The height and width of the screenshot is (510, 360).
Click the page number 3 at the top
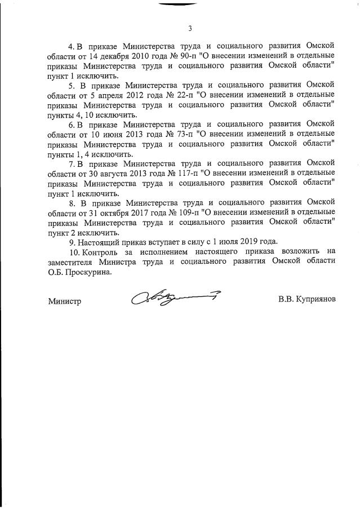[x=190, y=28]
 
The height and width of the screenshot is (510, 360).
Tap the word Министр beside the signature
[x=64, y=301]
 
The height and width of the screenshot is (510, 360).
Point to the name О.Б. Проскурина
[x=77, y=271]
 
